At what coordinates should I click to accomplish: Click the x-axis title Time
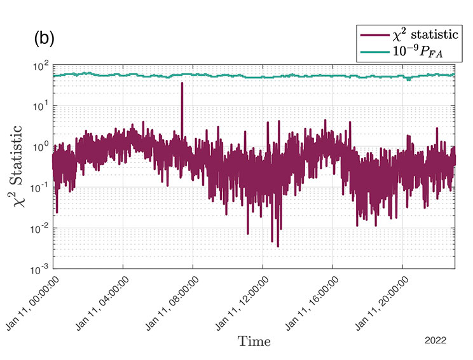pos(254,342)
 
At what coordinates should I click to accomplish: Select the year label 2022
pos(437,341)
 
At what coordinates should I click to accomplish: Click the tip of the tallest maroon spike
pos(182,83)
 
